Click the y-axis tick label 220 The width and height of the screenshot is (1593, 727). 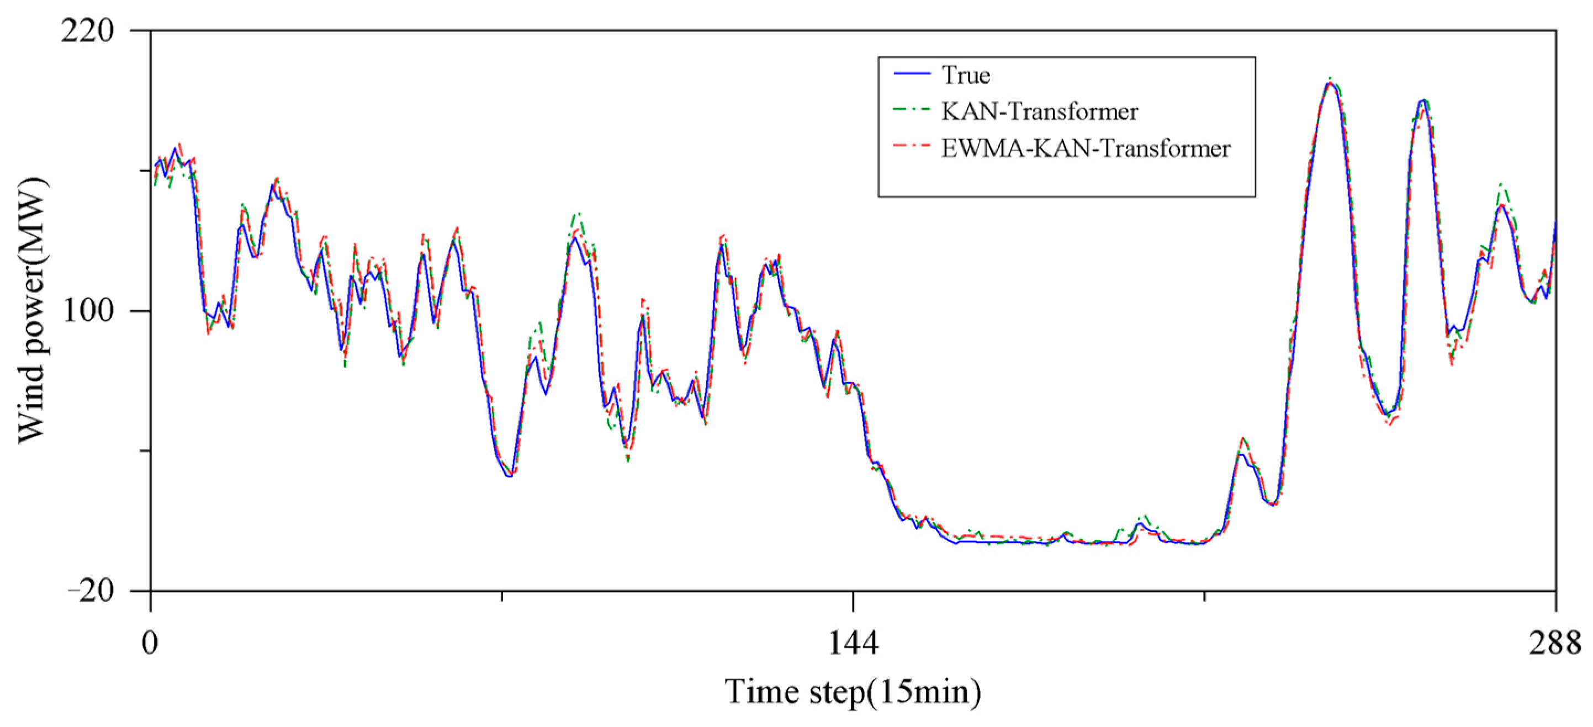click(88, 31)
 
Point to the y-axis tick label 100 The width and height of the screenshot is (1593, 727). click(88, 311)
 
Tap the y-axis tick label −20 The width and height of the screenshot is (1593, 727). click(91, 592)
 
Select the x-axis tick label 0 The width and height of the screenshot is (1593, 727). click(150, 643)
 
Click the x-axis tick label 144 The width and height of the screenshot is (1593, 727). click(853, 643)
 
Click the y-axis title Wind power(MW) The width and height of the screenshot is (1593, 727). click(32, 311)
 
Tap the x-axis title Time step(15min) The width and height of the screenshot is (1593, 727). click(853, 692)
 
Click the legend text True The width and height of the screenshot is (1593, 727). click(965, 75)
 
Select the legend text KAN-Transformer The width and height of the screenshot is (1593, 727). click(1040, 112)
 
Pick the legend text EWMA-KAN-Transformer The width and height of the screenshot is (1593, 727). click(1086, 149)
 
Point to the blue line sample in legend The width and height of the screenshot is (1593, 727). click(912, 73)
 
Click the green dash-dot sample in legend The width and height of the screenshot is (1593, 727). click(912, 110)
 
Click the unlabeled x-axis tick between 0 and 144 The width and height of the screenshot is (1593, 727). click(501, 597)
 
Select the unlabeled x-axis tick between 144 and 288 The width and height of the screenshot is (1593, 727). click(1204, 597)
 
